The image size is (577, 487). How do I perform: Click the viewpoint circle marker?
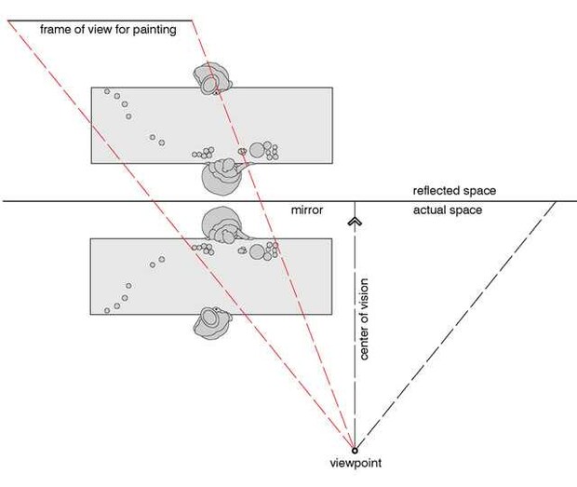coord(355,450)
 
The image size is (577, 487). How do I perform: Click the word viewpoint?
coord(356,463)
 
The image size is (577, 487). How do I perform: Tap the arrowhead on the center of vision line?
coord(355,222)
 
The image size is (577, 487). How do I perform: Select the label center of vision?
coord(364,318)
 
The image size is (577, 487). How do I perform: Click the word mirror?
coord(307,210)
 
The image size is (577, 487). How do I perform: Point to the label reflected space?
coord(454,191)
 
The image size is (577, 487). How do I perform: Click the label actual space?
coord(448,210)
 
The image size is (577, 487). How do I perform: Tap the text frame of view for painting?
coord(108,30)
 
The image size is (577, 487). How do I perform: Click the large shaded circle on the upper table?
coord(257,150)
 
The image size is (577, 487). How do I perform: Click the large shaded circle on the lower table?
coord(257,252)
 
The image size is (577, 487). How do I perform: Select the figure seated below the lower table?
coord(212,323)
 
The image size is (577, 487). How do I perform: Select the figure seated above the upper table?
coord(212,79)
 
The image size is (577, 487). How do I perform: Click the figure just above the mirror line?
coord(223,176)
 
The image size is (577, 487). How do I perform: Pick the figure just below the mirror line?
coord(223,225)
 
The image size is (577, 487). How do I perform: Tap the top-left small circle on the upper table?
coord(107,91)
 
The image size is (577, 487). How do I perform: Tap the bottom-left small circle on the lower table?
coord(107,311)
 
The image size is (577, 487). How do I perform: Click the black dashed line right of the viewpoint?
coord(455,326)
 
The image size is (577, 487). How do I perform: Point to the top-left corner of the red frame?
coord(7,20)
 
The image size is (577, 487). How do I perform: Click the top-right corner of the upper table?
coord(332,88)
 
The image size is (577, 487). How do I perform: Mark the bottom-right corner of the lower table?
coord(332,315)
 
